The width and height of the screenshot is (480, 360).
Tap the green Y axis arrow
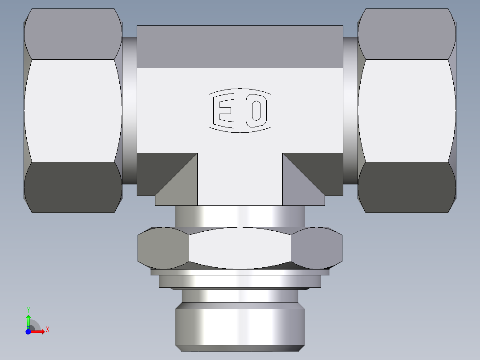pos(28,319)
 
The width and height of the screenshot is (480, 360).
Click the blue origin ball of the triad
pos(28,331)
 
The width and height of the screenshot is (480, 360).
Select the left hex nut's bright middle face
pos(73,110)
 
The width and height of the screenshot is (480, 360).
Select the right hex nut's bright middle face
pos(406,110)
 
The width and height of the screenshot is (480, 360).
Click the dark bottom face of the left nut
pos(73,187)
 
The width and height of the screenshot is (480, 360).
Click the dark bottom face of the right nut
pos(406,187)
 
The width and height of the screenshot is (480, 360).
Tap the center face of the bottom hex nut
pos(240,248)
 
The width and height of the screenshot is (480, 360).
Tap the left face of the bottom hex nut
pos(163,248)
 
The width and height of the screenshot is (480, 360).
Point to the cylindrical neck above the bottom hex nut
pos(240,216)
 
